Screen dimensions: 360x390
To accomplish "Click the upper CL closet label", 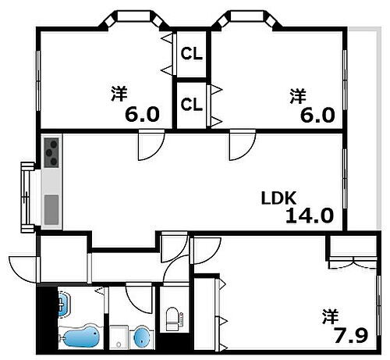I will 191,54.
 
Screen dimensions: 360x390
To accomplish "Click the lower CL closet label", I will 191,103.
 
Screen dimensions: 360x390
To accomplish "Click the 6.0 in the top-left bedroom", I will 142,115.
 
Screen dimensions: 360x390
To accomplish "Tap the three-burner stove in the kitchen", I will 52,151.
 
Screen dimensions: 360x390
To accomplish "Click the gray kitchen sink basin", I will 51,209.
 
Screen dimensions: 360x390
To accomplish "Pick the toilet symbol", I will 172,318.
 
